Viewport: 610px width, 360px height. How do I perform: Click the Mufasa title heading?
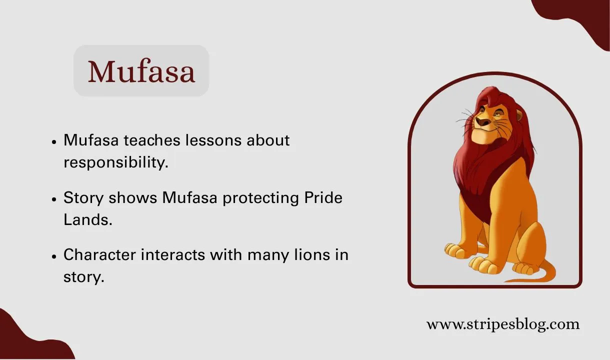pos(141,71)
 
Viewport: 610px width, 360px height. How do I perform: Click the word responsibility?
pos(115,162)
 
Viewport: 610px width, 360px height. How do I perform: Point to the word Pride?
pos(323,197)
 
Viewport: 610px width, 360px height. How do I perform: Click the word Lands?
pos(87,219)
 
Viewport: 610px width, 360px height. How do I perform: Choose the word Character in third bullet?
pos(99,255)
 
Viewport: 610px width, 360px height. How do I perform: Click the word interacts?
pos(173,255)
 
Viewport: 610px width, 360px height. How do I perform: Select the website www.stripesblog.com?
pos(502,324)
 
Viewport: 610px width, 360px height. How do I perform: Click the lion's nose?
pos(481,121)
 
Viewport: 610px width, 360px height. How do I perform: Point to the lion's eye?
pos(499,115)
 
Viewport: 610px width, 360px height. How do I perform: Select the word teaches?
pos(152,140)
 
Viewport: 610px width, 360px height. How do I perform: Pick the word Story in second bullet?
pos(83,198)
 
